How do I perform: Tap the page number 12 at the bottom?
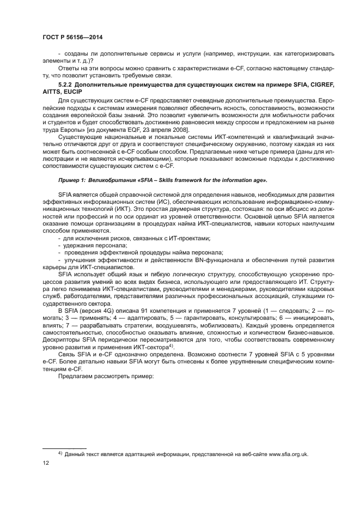coord(46,463)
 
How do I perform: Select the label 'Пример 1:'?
coord(71,179)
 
